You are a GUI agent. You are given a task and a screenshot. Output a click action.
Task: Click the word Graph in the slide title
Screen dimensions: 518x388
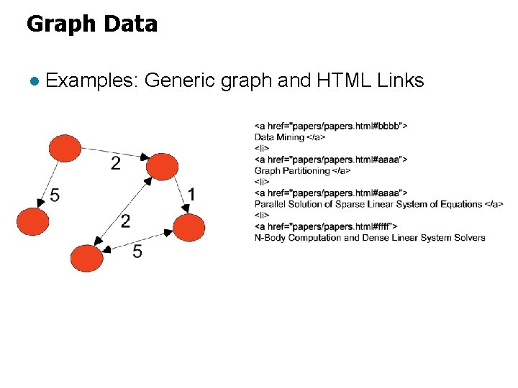click(60, 24)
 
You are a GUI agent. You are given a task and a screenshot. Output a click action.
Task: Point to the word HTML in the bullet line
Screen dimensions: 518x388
click(342, 80)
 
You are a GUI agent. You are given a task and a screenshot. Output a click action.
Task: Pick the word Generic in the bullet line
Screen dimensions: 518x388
click(180, 81)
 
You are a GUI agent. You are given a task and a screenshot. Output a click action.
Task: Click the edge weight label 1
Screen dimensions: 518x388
click(191, 194)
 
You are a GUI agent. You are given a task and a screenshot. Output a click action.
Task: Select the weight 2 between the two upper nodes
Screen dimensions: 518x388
click(115, 165)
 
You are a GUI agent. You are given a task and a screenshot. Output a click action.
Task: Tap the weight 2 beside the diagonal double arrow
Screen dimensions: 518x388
click(125, 221)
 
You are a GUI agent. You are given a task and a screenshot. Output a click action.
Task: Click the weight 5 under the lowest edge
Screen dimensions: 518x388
click(137, 252)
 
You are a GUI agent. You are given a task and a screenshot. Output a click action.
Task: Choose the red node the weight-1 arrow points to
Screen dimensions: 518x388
click(188, 228)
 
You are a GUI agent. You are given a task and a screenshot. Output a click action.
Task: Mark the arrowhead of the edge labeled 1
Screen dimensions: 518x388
click(186, 209)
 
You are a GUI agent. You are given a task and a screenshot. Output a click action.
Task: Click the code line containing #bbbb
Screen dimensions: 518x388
click(331, 126)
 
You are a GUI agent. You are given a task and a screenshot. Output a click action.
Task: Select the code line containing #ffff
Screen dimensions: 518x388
click(326, 226)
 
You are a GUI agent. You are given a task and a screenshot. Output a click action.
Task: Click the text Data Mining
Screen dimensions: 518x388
click(280, 137)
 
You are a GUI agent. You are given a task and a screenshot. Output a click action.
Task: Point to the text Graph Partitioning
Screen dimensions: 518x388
click(292, 171)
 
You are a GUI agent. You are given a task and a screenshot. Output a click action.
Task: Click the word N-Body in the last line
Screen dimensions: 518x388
click(270, 238)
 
